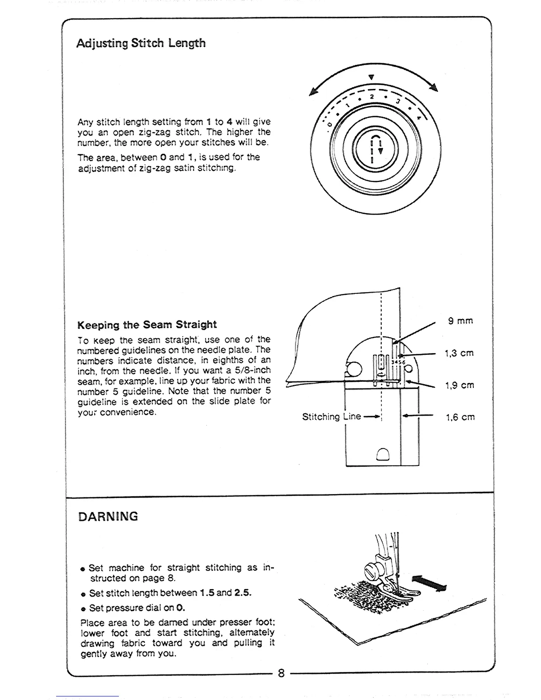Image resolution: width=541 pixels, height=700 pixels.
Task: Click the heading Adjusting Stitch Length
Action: pos(141,43)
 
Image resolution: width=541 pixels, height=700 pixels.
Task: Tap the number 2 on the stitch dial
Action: pos(372,97)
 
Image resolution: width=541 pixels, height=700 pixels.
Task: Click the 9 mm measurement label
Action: pos(460,321)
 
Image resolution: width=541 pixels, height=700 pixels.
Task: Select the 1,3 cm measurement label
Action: pos(459,353)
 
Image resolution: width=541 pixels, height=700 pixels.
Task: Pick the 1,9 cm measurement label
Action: pos(460,385)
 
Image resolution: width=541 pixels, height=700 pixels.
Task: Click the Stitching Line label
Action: pos(331,417)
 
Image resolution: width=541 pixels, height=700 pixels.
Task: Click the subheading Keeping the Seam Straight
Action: pos(147,325)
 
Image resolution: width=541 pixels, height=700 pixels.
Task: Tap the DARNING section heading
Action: pos(108,517)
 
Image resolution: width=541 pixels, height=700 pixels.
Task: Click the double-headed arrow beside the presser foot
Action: pos(429,583)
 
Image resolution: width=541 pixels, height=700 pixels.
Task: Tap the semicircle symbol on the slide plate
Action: pos(382,454)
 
